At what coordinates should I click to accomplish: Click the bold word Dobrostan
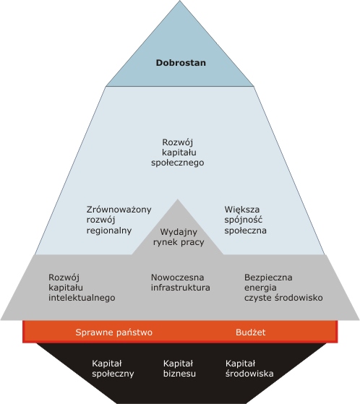pos(181,63)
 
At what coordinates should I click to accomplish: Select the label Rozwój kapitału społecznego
pos(178,152)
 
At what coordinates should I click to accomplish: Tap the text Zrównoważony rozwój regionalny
pos(119,220)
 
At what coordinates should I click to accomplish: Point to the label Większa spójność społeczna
pos(245,220)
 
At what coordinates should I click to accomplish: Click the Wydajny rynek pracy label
pos(179,237)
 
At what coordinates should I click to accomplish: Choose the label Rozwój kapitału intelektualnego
pos(82,288)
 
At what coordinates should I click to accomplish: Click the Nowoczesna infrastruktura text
pos(181,283)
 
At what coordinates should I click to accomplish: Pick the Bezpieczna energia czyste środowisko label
pos(283,288)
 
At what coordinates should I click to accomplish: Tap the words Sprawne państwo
pos(114,332)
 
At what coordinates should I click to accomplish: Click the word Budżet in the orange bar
pos(250,332)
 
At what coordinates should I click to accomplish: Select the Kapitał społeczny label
pos(113,369)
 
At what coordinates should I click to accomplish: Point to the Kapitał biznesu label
pos(179,369)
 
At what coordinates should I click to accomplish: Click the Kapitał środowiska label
pos(249,369)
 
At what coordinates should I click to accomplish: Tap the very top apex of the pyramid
pos(179,1)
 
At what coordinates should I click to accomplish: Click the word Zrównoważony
pos(119,210)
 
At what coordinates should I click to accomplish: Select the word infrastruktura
pos(181,288)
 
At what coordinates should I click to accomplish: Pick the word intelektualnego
pos(82,298)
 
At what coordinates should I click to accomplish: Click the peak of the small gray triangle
pos(177,199)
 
